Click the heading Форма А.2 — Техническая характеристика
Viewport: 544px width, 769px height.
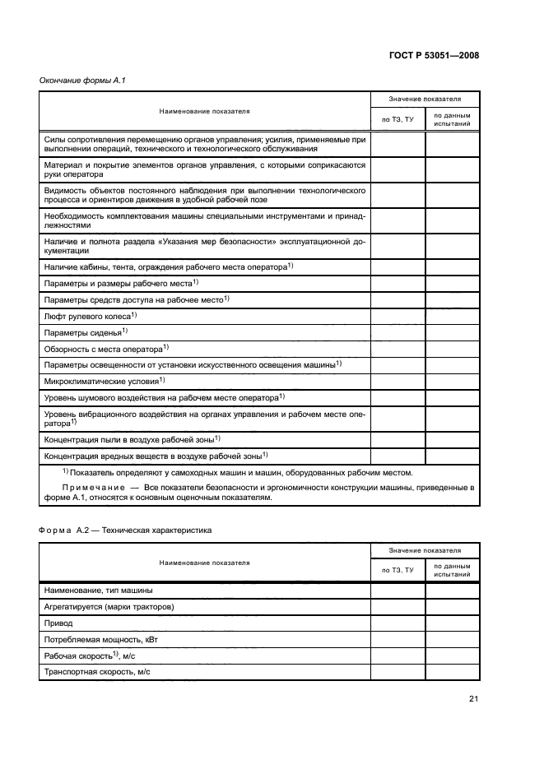point(126,530)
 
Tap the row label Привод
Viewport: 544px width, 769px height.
point(58,623)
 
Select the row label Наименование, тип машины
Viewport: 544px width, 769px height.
point(98,591)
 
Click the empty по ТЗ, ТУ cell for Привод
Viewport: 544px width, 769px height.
point(398,623)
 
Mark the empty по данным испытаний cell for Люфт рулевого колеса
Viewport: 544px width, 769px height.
point(452,316)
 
